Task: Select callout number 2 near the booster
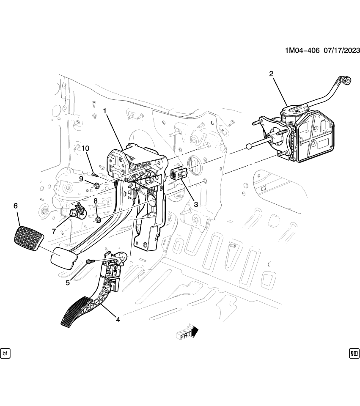point(271,74)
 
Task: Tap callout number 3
point(196,204)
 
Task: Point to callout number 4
point(118,320)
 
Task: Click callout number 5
point(68,283)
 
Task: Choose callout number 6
point(16,206)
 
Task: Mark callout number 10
point(86,148)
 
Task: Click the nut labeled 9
point(96,185)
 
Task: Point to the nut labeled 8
point(98,219)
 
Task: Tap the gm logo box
point(354,353)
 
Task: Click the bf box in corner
point(5,353)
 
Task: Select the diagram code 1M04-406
point(302,51)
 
